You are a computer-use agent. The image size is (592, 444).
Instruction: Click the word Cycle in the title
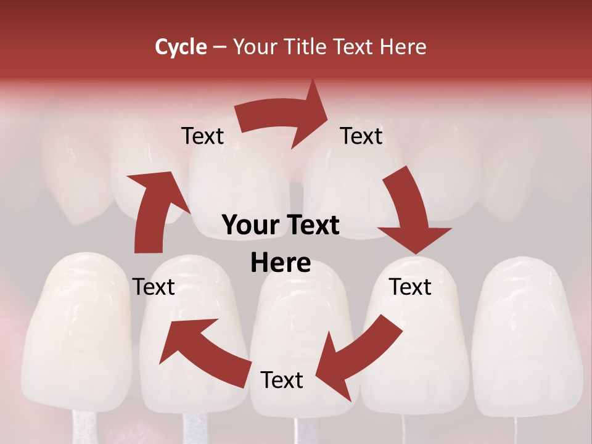point(181,47)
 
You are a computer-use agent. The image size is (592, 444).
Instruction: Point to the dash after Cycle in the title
point(219,47)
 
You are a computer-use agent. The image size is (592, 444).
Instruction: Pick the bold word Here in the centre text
point(281,263)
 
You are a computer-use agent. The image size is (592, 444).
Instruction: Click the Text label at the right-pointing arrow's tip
point(361,136)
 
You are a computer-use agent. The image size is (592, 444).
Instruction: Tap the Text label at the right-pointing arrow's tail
point(202,136)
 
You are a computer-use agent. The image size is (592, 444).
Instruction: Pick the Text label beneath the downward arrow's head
point(410,287)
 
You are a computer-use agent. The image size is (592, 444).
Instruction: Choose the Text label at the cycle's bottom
point(282,380)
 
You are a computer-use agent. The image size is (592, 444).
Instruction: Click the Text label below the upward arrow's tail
point(154,287)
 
